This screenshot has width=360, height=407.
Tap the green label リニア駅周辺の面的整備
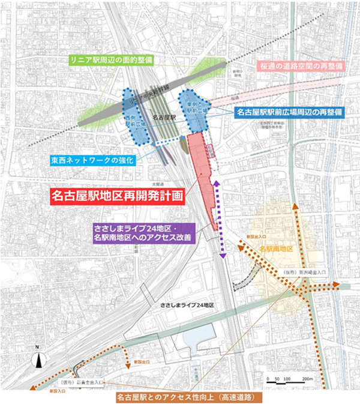(x=104, y=60)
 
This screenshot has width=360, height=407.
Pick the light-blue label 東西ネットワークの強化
(x=93, y=160)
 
